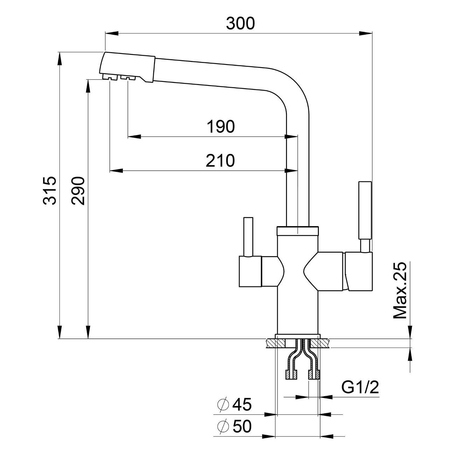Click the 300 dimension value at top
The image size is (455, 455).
[x=240, y=23]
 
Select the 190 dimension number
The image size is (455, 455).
[x=220, y=126]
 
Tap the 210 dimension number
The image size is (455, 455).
[x=220, y=161]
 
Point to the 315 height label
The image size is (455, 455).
[x=49, y=190]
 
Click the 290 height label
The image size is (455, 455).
[x=78, y=191]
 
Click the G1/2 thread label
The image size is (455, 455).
[x=360, y=388]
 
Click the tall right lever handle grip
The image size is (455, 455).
[x=364, y=210]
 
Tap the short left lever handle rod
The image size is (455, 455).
[x=248, y=237]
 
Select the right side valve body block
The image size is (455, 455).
[x=359, y=271]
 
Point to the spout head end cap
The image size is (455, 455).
[x=128, y=67]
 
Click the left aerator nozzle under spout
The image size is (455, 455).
[x=110, y=77]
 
